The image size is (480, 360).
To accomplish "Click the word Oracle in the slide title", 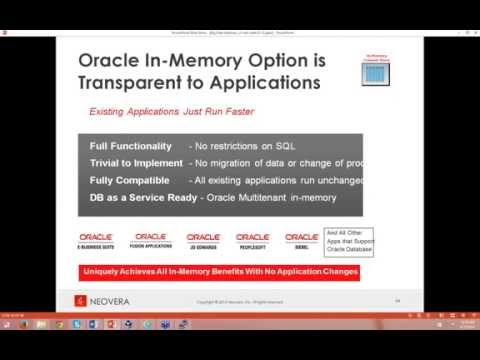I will (x=112, y=62).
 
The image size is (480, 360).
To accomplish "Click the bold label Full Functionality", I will (x=130, y=146).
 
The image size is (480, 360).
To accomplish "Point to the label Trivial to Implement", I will (x=135, y=162).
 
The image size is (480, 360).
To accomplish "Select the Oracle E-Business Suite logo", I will (x=97, y=239).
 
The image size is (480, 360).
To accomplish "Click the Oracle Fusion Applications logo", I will (x=150, y=239).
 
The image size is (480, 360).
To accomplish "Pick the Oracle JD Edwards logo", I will (x=203, y=239).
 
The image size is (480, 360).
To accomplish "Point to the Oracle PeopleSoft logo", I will (x=253, y=239).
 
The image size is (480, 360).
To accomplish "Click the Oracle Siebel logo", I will (x=301, y=239).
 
